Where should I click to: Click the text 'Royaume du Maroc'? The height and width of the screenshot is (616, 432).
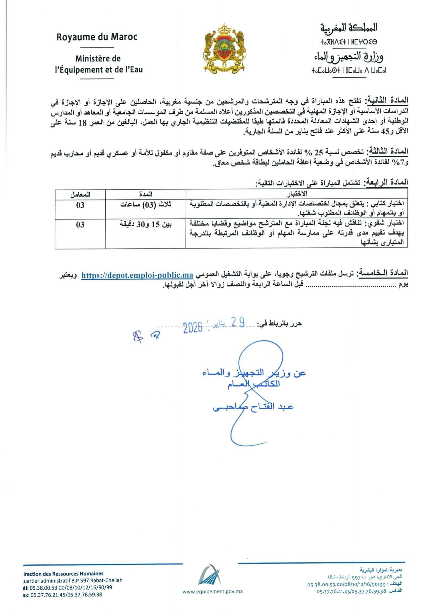(97, 37)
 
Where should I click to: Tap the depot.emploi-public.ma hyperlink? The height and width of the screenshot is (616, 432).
(137, 275)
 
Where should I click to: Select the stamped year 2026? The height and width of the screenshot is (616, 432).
(193, 328)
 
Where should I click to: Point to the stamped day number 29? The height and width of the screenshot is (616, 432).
(238, 323)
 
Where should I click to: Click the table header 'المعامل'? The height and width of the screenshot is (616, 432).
(80, 195)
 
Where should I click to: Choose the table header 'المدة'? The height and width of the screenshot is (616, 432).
(146, 194)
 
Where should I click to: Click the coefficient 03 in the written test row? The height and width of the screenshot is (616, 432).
(80, 205)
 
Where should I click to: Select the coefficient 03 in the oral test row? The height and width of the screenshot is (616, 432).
(80, 225)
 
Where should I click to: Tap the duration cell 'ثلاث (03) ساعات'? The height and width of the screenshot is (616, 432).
(146, 205)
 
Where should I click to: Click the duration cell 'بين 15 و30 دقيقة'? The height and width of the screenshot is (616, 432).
(145, 225)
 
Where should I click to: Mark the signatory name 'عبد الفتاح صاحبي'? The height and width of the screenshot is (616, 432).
(253, 407)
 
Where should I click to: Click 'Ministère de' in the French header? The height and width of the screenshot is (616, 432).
(98, 59)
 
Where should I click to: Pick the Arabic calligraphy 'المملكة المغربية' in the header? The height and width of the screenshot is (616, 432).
(349, 28)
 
